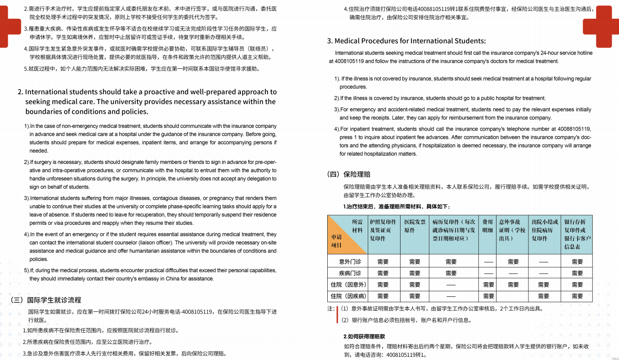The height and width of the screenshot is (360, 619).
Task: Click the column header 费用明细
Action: pyautogui.click(x=487, y=226)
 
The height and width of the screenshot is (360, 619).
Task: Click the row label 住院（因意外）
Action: pyautogui.click(x=348, y=284)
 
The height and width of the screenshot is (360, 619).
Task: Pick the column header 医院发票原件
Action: pyautogui.click(x=415, y=226)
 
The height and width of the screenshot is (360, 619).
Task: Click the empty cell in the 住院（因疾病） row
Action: pyautogui.click(x=513, y=296)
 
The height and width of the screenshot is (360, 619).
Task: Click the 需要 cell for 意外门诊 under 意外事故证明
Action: pyautogui.click(x=513, y=262)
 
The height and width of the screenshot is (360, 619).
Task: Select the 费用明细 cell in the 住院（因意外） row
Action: pyautogui.click(x=488, y=284)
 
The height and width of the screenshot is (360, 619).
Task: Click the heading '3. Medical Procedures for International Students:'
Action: pyautogui.click(x=406, y=41)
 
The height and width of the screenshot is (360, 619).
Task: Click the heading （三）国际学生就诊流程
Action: pyautogui.click(x=46, y=300)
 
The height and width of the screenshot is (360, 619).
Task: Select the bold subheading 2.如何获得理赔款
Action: pyautogui.click(x=364, y=336)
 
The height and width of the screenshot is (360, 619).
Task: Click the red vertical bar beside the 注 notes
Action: pyautogui.click(x=337, y=314)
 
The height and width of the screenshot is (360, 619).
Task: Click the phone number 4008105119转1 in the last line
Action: pyautogui.click(x=406, y=355)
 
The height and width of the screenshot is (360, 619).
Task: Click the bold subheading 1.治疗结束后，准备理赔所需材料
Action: pyautogui.click(x=396, y=207)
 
